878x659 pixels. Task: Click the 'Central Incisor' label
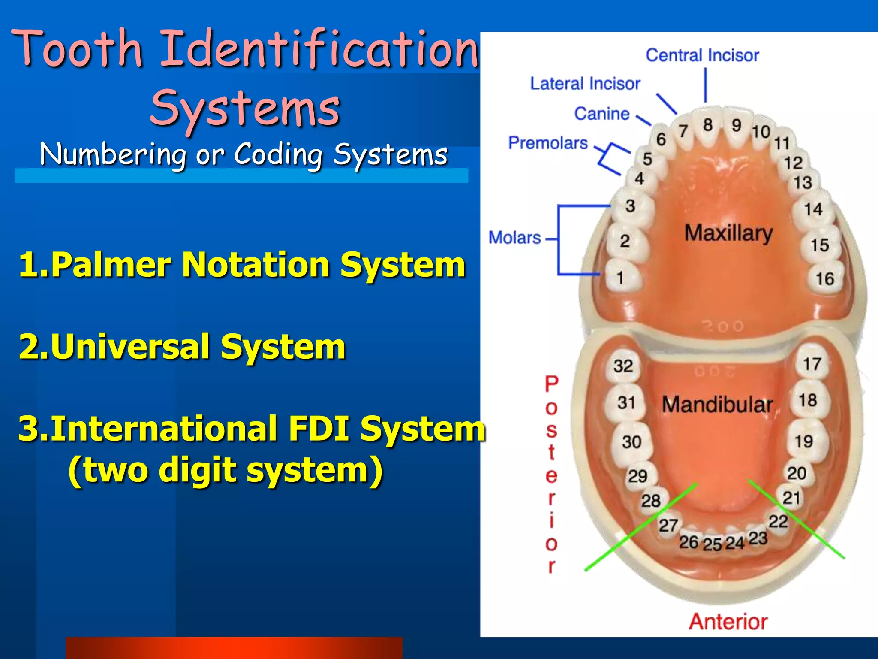702,55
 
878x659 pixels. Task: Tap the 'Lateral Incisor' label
585,83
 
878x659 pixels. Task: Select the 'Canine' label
601,114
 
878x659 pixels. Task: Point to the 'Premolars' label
547,143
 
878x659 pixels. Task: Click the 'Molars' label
514,237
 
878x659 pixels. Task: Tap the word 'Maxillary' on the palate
728,233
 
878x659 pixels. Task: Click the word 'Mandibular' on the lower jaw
717,405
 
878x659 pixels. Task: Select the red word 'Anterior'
728,621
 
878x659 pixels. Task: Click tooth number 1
620,278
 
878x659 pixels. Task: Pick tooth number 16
824,278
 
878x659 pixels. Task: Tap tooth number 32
623,366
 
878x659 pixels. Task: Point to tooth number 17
812,364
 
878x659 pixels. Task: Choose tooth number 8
708,125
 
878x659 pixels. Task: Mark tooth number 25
712,544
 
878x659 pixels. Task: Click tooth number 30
631,442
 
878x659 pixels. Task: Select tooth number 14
813,209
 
